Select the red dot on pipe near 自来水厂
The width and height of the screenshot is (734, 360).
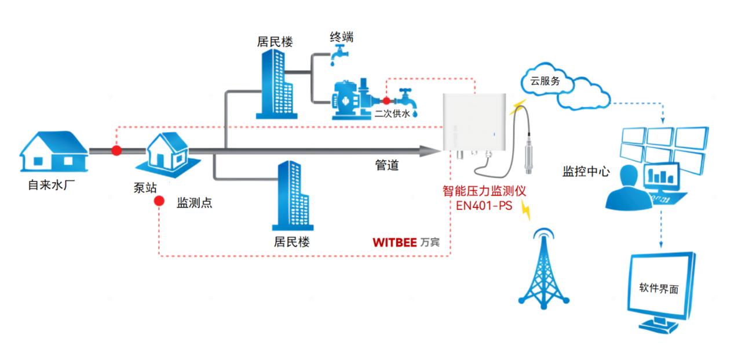[116, 151]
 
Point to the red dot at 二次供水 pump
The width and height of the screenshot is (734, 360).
[386, 101]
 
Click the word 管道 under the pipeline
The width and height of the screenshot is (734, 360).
[386, 165]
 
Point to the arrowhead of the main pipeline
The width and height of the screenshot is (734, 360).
[431, 151]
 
